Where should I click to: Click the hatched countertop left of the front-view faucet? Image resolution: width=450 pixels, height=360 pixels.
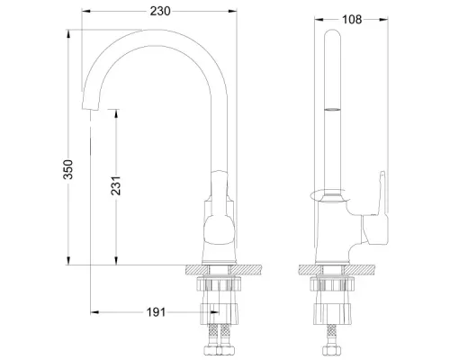193,270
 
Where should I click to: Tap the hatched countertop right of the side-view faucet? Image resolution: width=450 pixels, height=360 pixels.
364,270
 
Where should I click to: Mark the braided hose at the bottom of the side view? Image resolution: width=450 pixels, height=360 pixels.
332,343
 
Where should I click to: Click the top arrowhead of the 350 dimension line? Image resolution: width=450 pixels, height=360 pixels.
69,32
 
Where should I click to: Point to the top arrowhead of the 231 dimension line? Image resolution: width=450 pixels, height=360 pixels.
116,111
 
